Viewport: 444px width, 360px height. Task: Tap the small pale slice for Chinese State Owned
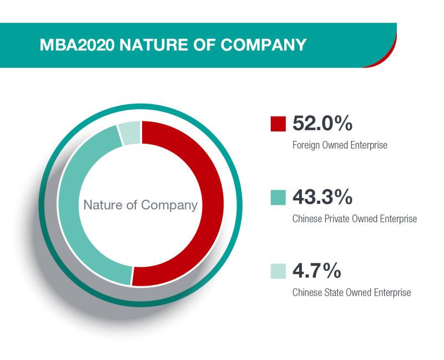click(x=130, y=133)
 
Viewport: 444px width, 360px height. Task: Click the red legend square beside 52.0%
click(x=278, y=124)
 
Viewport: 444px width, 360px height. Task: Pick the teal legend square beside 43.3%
click(x=278, y=197)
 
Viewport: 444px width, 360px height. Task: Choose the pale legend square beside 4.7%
click(x=278, y=271)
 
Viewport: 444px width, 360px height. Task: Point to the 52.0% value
click(x=322, y=123)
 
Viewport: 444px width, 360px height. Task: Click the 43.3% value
click(x=322, y=197)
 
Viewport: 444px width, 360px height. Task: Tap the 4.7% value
click(x=317, y=271)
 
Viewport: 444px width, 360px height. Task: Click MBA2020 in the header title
click(x=77, y=45)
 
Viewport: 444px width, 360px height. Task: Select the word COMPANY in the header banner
click(x=263, y=45)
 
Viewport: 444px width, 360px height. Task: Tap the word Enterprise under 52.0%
click(x=369, y=145)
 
